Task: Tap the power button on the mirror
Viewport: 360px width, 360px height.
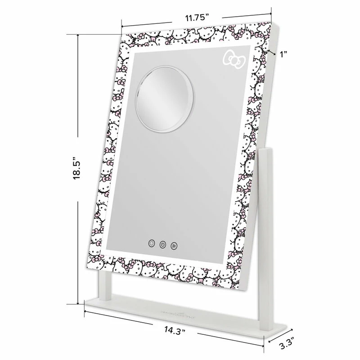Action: click(162, 245)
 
